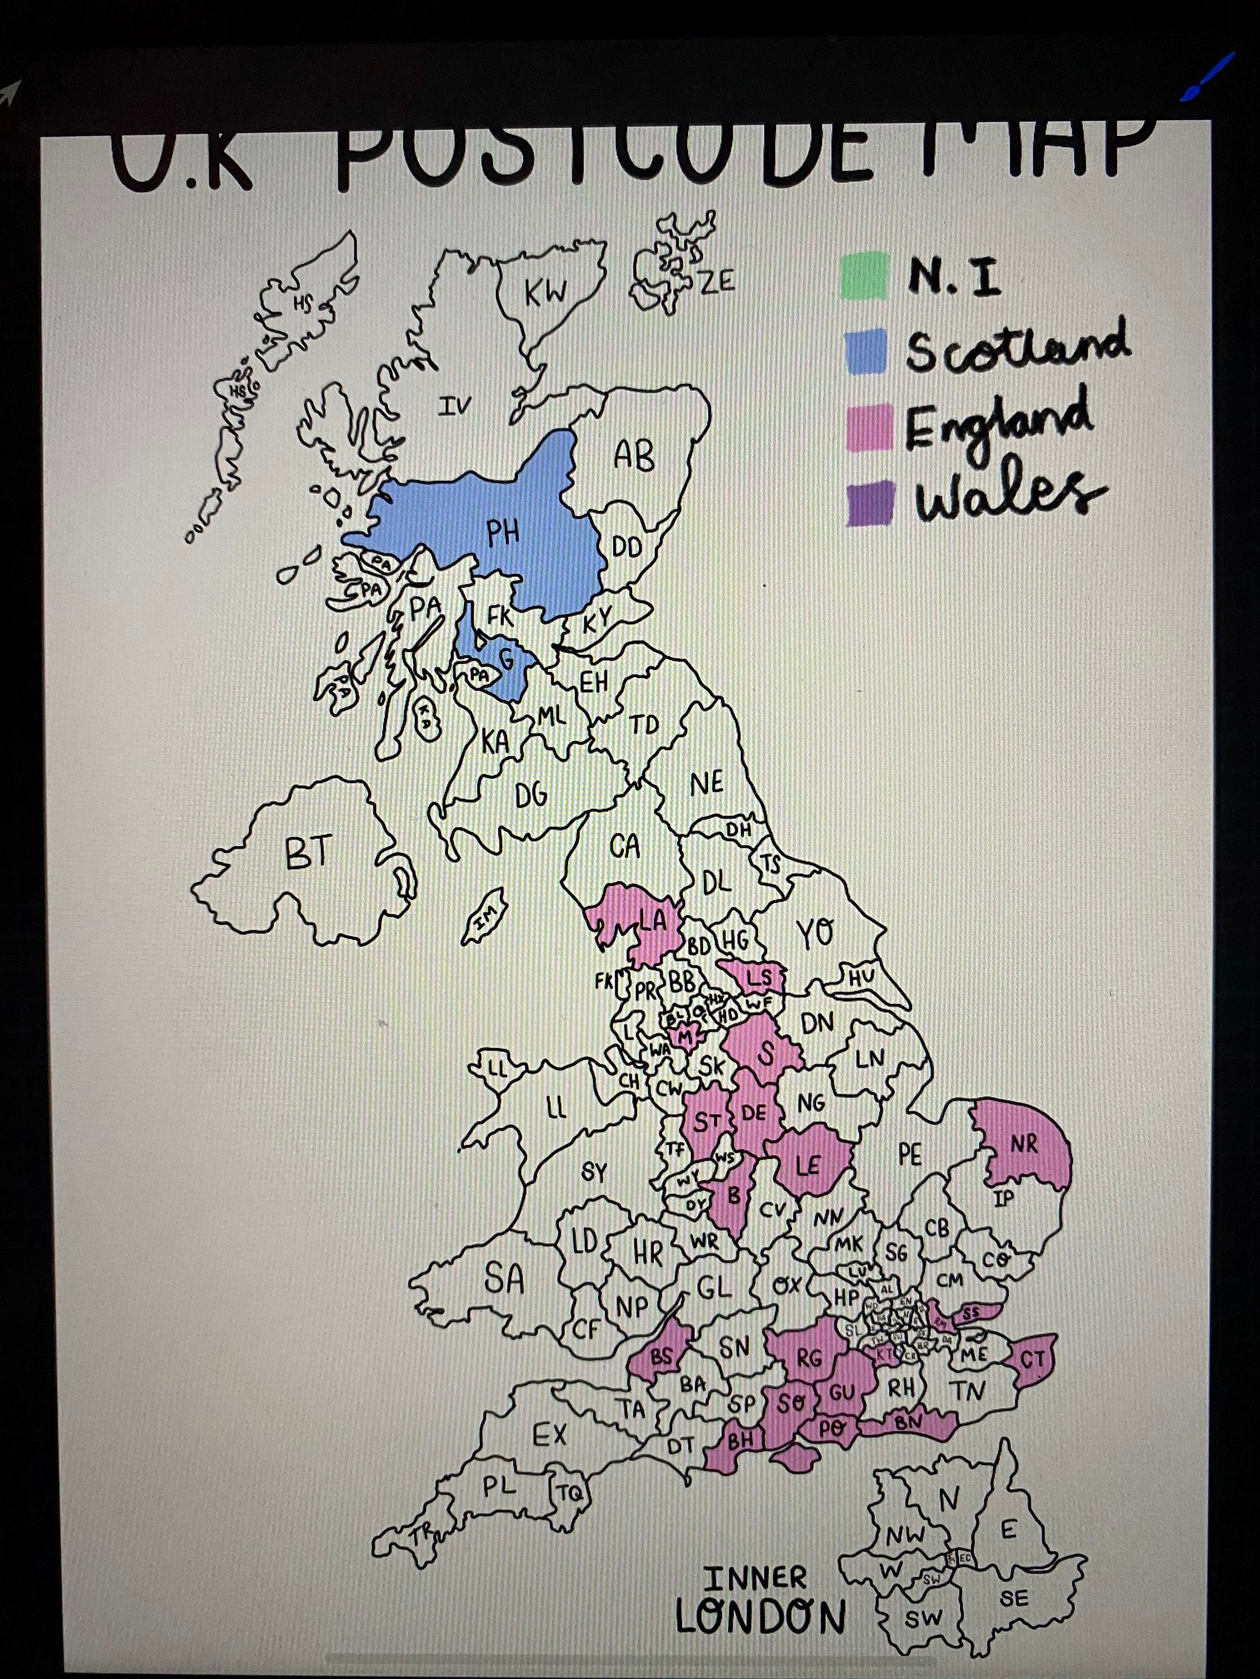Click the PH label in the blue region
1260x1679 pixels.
coord(503,535)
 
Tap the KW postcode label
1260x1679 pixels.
coord(545,292)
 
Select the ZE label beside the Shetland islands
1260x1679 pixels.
coord(717,282)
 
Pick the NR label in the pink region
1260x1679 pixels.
coord(1023,1145)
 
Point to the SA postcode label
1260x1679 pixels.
coord(504,1279)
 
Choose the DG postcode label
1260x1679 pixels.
coord(531,796)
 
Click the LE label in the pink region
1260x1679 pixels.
coord(808,1165)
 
